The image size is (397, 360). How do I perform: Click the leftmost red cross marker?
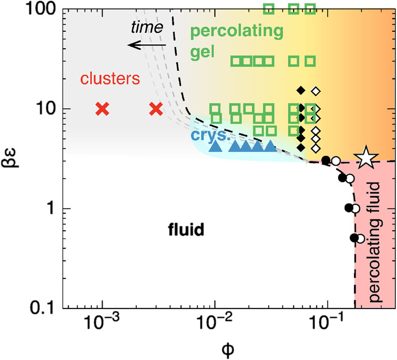coord(102,109)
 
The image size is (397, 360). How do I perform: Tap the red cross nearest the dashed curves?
coord(156,109)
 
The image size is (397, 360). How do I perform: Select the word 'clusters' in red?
coord(110,79)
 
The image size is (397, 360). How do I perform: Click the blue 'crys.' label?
coord(204,135)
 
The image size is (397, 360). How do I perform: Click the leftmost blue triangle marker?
coord(215,146)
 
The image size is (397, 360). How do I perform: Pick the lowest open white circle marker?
coord(360,239)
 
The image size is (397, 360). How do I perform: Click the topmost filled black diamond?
coord(301,90)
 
